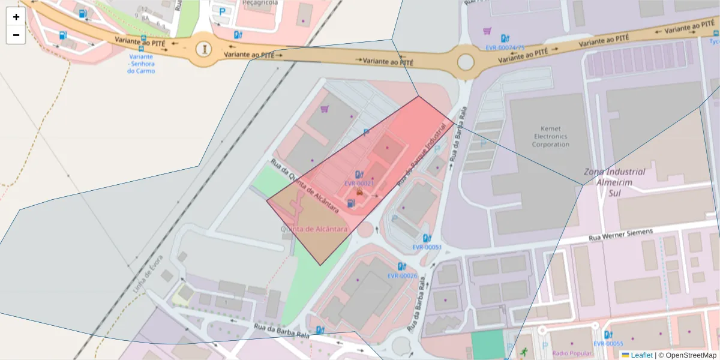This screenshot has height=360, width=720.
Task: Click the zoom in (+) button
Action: [x=16, y=17]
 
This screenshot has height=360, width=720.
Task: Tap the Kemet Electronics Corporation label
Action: [x=550, y=136]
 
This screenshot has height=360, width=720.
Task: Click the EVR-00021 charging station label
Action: [x=359, y=184]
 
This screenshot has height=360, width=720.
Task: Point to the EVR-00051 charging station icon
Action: [x=427, y=238]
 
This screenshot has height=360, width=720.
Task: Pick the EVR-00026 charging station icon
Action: [x=401, y=266]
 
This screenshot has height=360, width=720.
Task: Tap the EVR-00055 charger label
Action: [x=608, y=343]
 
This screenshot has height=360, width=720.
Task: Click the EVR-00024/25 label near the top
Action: [x=505, y=47]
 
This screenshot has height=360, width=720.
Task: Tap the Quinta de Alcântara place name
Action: [x=314, y=229]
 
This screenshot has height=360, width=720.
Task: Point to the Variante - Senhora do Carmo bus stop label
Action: [x=141, y=64]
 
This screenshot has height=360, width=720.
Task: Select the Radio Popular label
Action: [x=569, y=353]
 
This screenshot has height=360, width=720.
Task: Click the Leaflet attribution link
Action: [x=641, y=355]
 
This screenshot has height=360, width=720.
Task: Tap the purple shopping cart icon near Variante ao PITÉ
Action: [x=487, y=31]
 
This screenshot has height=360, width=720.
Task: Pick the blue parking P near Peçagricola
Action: [x=223, y=11]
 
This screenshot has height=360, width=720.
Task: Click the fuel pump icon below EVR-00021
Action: [x=350, y=203]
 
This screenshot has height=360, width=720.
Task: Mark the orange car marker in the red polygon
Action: [x=359, y=193]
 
